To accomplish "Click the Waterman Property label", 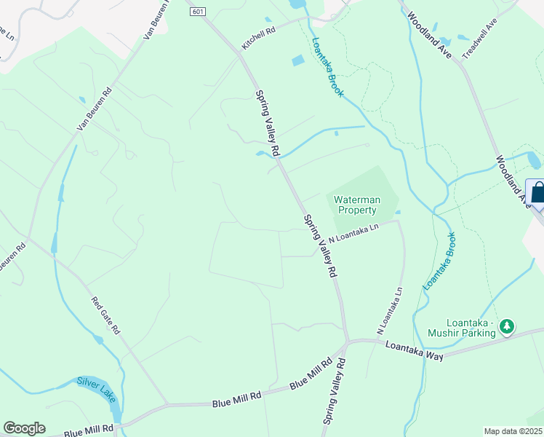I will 356,205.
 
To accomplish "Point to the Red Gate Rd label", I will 105,315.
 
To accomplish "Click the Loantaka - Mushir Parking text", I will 472,328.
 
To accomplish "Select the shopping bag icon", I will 537,193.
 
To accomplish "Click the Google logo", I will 24,428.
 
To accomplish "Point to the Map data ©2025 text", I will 513,431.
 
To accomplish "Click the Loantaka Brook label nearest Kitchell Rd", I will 327,68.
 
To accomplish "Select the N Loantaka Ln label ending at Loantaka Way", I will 390,307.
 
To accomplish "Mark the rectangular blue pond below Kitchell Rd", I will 298,61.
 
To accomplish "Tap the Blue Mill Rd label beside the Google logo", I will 88,430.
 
